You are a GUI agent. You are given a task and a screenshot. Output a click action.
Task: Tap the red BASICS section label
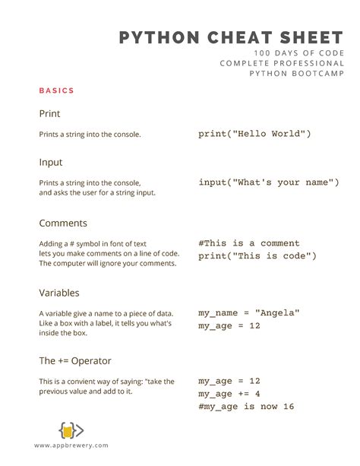pyautogui.click(x=57, y=91)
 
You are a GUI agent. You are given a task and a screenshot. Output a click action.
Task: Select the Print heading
pyautogui.click(x=49, y=114)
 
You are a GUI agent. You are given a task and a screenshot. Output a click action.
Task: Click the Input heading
pyautogui.click(x=51, y=162)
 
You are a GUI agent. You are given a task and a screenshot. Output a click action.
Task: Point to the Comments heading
pyautogui.click(x=63, y=223)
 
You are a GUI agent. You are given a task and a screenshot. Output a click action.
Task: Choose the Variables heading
pyautogui.click(x=59, y=293)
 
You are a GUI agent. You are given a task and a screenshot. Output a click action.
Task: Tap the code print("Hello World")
pyautogui.click(x=254, y=134)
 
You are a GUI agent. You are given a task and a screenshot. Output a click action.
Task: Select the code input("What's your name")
pyautogui.click(x=268, y=182)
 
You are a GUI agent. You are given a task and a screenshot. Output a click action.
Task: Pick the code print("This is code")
pyautogui.click(x=257, y=256)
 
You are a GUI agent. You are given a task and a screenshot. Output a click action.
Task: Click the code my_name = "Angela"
pyautogui.click(x=249, y=312)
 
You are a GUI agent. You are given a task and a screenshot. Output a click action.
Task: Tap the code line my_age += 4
pyautogui.click(x=229, y=393)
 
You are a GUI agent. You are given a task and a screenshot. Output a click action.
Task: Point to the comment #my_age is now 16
pyautogui.click(x=246, y=406)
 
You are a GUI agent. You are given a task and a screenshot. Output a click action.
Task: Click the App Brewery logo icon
pyautogui.click(x=71, y=430)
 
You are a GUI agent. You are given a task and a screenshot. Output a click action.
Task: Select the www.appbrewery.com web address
pyautogui.click(x=71, y=445)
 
